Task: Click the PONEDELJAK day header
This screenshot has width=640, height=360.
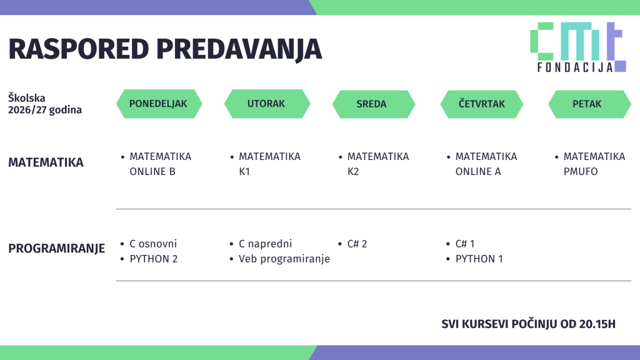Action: [x=159, y=104]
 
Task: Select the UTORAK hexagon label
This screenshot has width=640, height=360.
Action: [x=267, y=104]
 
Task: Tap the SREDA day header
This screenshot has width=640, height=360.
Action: [x=374, y=104]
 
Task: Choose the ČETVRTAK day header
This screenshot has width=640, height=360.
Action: [x=482, y=104]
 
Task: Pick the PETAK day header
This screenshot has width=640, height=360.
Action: [x=589, y=104]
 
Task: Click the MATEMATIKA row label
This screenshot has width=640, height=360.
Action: [x=46, y=162]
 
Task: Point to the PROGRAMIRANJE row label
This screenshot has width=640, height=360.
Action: [x=56, y=248]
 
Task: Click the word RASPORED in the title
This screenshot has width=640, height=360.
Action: [x=78, y=49]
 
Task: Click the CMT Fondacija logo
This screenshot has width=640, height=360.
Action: [x=578, y=47]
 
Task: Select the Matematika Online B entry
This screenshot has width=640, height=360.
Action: [x=161, y=164]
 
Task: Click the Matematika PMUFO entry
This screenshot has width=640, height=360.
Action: [x=594, y=164]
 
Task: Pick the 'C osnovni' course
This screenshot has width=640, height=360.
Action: [x=153, y=244]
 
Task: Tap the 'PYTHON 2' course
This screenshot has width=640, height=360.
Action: [x=154, y=259]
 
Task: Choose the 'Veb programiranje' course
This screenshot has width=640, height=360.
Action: [x=284, y=259]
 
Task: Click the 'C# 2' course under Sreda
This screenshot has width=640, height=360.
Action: [x=357, y=244]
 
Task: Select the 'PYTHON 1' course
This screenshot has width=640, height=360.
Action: [x=479, y=259]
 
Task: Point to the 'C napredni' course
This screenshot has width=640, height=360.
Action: [x=265, y=244]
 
